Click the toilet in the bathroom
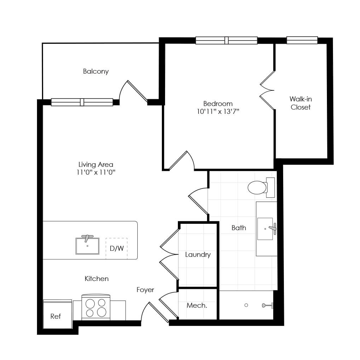tap(261, 187)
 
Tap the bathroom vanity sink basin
tap(265, 229)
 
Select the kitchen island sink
tap(88, 246)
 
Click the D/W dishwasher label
tap(117, 248)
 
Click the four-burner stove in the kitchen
tap(96, 307)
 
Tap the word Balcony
tap(96, 72)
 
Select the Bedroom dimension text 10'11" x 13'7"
tap(218, 112)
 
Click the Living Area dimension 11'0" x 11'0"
tap(96, 172)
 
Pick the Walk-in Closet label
tap(301, 103)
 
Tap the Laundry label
tap(198, 255)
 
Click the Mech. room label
tap(197, 305)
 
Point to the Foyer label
tap(145, 290)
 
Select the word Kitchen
tap(96, 279)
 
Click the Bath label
tap(239, 228)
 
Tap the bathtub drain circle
tap(246, 305)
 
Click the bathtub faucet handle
tap(267, 305)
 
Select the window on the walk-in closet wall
tap(302, 40)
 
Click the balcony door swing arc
tap(122, 90)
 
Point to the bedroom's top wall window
tap(226, 41)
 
